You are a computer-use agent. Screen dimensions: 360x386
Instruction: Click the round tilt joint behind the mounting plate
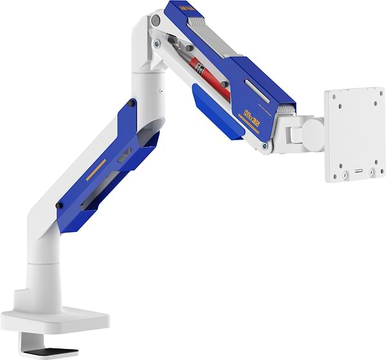coord(311,132)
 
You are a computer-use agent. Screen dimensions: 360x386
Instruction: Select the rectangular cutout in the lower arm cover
coord(123,153)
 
